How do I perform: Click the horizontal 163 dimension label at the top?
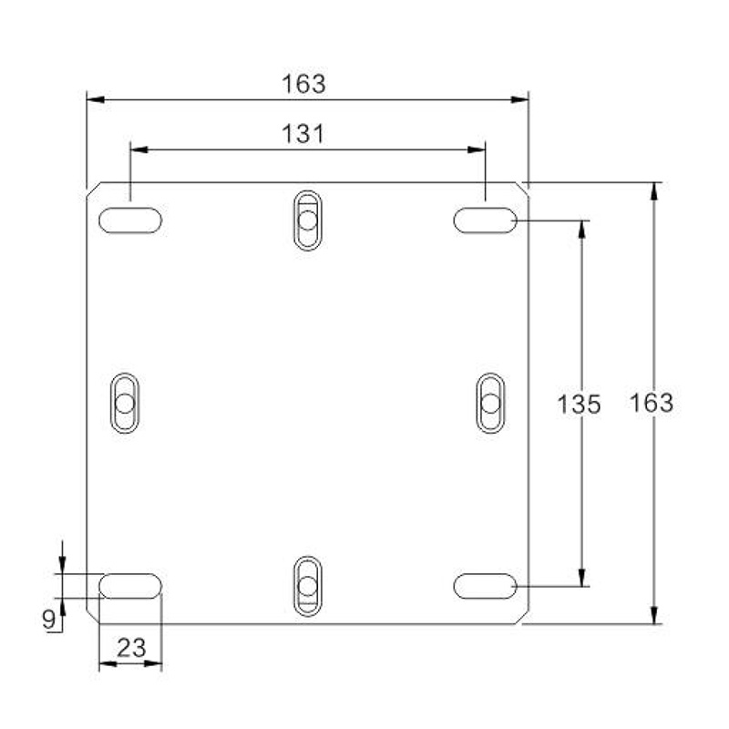coord(303,84)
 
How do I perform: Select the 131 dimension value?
coord(303,134)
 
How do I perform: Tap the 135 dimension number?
coord(579,404)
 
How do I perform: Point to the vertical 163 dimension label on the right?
coord(652,403)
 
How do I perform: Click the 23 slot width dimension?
coord(131,648)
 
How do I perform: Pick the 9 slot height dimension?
coord(49,620)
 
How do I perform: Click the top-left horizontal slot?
coord(130,221)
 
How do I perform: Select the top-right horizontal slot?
coord(486,221)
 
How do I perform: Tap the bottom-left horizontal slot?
coord(130,586)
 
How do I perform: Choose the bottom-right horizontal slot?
coord(486,586)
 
